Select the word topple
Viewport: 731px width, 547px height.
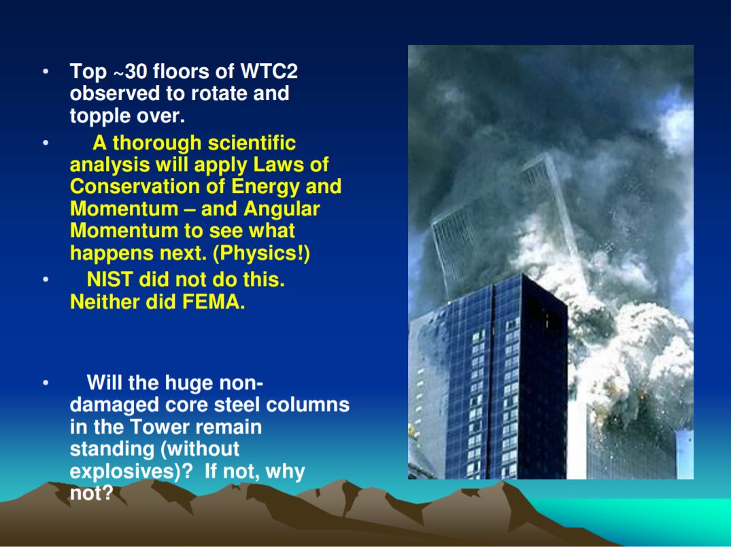click(99, 116)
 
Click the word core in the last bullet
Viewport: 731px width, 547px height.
click(181, 406)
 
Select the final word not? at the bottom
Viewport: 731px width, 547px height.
click(90, 493)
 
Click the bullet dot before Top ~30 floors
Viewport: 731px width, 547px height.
click(45, 71)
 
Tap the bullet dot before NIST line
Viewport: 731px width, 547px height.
click(45, 280)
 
